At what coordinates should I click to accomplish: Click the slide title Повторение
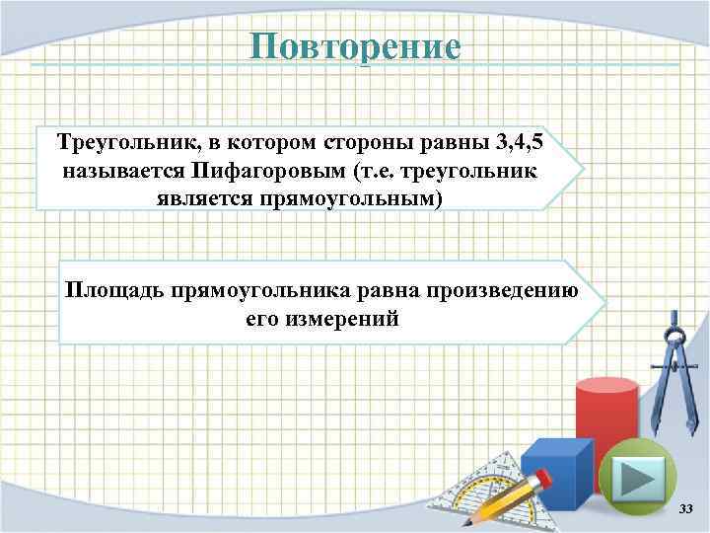(355, 46)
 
